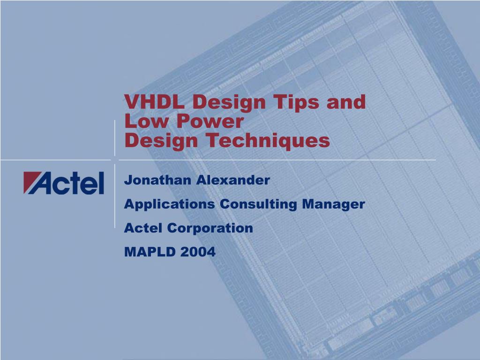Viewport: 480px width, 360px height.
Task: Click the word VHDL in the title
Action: pos(154,101)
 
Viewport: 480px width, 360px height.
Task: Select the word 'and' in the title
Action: pos(346,102)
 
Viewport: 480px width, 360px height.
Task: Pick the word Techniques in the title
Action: pos(268,141)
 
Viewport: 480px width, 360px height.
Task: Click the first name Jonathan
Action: pos(157,180)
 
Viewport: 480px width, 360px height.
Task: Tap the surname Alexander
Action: pos(233,180)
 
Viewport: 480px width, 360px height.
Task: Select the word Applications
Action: pos(169,204)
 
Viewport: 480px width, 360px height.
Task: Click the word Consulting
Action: pos(258,204)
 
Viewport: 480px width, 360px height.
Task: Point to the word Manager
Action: pos(333,204)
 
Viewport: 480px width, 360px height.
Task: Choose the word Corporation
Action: pos(210,228)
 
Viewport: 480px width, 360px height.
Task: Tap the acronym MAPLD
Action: pos(150,252)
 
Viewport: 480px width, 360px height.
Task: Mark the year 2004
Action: pos(198,252)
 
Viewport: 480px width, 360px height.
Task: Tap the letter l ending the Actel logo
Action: pos(101,183)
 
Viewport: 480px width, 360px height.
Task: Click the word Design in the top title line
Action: pos(229,103)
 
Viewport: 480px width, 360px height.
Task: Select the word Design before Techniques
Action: pos(161,141)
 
